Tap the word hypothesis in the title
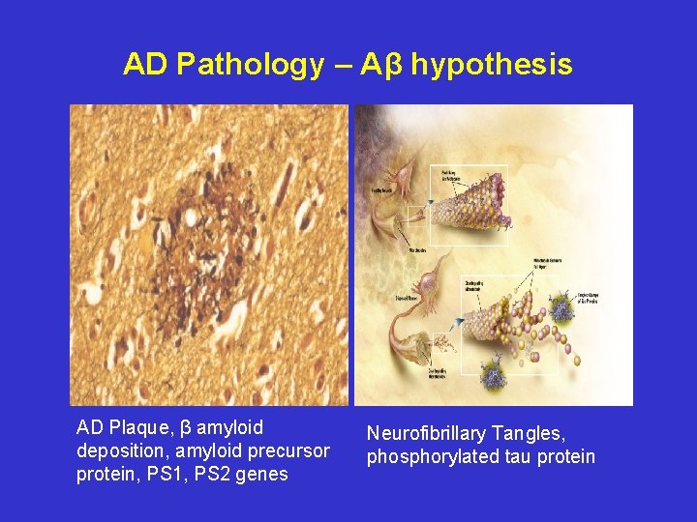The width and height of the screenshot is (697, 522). (x=492, y=65)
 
